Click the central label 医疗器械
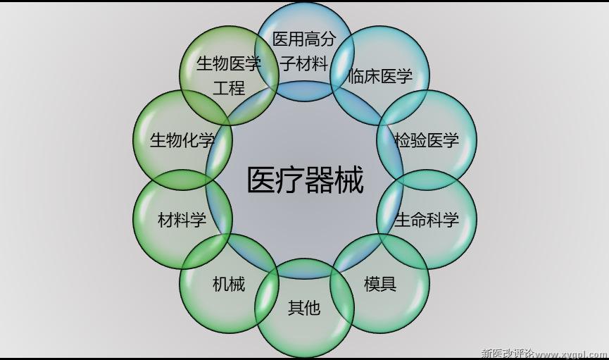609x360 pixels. tap(306, 180)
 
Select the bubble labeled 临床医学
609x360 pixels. tap(380, 75)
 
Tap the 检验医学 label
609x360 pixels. tap(427, 140)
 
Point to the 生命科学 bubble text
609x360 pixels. tap(427, 220)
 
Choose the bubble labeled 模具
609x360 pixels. tap(380, 283)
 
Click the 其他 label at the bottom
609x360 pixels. tap(304, 308)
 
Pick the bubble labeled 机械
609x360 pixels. tap(229, 283)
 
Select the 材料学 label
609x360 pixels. tap(182, 220)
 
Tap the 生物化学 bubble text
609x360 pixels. tap(182, 140)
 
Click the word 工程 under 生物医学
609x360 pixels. tap(229, 88)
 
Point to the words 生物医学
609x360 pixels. tap(229, 63)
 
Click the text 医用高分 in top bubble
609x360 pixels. tap(304, 39)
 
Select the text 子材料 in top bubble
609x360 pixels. tap(304, 63)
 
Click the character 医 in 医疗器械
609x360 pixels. tap(261, 180)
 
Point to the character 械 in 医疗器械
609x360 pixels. tap(349, 180)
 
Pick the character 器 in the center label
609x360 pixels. tap(320, 180)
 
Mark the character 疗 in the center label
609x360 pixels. tap(291, 180)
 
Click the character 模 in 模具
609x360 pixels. tap(372, 284)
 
